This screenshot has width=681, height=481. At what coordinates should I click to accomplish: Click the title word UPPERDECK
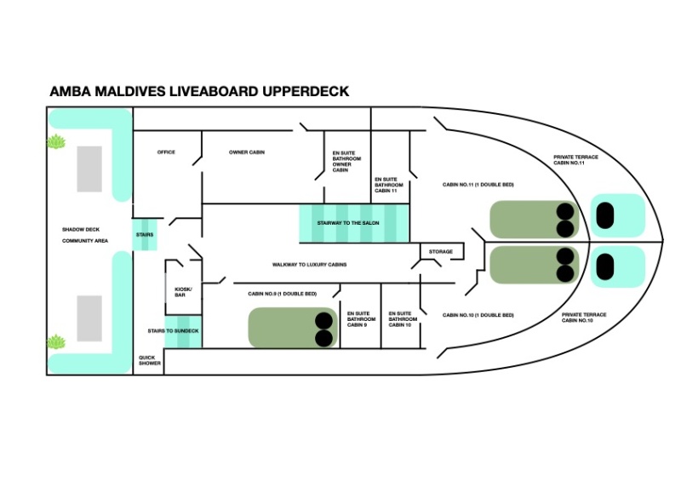pos(306,91)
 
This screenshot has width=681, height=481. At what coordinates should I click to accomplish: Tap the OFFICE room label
pos(166,152)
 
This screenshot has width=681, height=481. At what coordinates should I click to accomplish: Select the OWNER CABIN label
pos(247,152)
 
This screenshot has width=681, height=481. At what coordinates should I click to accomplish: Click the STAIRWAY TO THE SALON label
pos(348,223)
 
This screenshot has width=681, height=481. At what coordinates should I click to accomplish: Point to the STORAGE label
pos(441,252)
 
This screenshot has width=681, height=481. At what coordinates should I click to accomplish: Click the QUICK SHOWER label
pos(150,360)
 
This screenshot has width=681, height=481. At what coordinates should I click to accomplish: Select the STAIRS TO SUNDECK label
pos(173,330)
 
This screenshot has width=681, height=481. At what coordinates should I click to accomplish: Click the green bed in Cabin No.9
pos(293,328)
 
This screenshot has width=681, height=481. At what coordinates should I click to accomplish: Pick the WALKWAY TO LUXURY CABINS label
pos(309,264)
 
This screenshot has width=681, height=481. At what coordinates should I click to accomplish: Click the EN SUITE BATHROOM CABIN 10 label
pos(403,319)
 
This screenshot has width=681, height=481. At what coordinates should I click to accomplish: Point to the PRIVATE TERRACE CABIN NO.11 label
pos(575,160)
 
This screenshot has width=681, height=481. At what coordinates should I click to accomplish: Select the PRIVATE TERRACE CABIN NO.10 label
pos(584,318)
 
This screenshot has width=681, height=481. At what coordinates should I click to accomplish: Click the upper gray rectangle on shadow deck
pos(89,169)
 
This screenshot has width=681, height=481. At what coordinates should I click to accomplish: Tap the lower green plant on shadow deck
pos(56,342)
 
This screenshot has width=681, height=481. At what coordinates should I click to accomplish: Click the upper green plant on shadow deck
pos(56,141)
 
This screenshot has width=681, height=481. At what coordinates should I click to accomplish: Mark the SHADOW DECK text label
pos(81,229)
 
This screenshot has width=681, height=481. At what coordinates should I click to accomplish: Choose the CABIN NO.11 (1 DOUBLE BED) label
pos(478,185)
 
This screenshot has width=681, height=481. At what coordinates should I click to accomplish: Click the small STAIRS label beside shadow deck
pos(145,235)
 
